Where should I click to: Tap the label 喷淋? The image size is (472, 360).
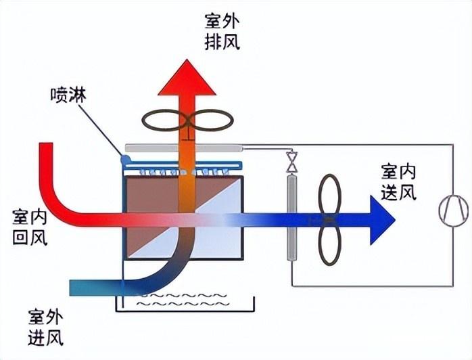point(68,95)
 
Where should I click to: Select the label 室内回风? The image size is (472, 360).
point(30,227)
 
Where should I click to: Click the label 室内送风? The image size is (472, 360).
point(398,182)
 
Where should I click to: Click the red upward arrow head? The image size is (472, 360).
point(187,75)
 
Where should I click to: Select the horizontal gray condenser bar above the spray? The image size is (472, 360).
point(183,147)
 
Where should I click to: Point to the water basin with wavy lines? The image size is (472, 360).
point(182,302)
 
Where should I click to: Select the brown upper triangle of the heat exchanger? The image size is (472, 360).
point(152,203)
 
